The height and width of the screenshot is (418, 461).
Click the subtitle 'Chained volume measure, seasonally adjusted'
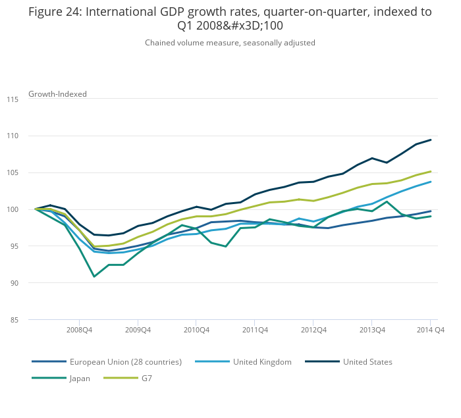pyautogui.click(x=230, y=43)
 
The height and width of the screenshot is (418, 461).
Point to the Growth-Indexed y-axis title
pyautogui.click(x=57, y=94)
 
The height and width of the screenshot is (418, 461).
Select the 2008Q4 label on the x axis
pyautogui.click(x=79, y=330)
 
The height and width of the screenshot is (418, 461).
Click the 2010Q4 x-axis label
pyautogui.click(x=196, y=330)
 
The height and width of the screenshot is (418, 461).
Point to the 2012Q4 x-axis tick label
pyautogui.click(x=313, y=330)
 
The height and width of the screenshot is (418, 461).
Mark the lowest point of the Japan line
pyautogui.click(x=94, y=276)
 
